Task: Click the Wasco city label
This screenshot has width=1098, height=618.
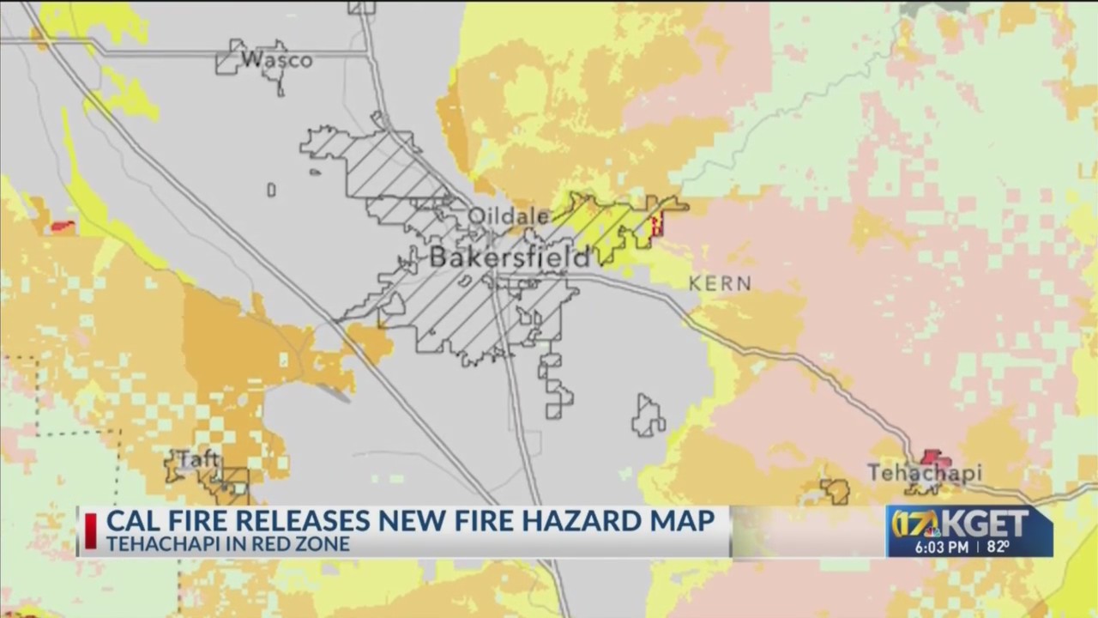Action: (x=276, y=60)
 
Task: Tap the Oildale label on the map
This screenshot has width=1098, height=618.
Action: (x=508, y=216)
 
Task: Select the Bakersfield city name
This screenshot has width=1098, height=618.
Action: (x=510, y=257)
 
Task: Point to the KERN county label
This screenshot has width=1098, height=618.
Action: (x=720, y=283)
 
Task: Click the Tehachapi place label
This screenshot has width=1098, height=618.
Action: (x=924, y=473)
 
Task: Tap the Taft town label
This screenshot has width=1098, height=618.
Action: (x=197, y=460)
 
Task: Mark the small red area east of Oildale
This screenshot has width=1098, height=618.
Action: (x=657, y=226)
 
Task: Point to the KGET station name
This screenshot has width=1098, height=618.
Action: (x=996, y=522)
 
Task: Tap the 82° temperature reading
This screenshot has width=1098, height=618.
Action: (x=998, y=546)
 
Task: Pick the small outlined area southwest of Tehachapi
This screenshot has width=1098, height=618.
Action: (x=835, y=492)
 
